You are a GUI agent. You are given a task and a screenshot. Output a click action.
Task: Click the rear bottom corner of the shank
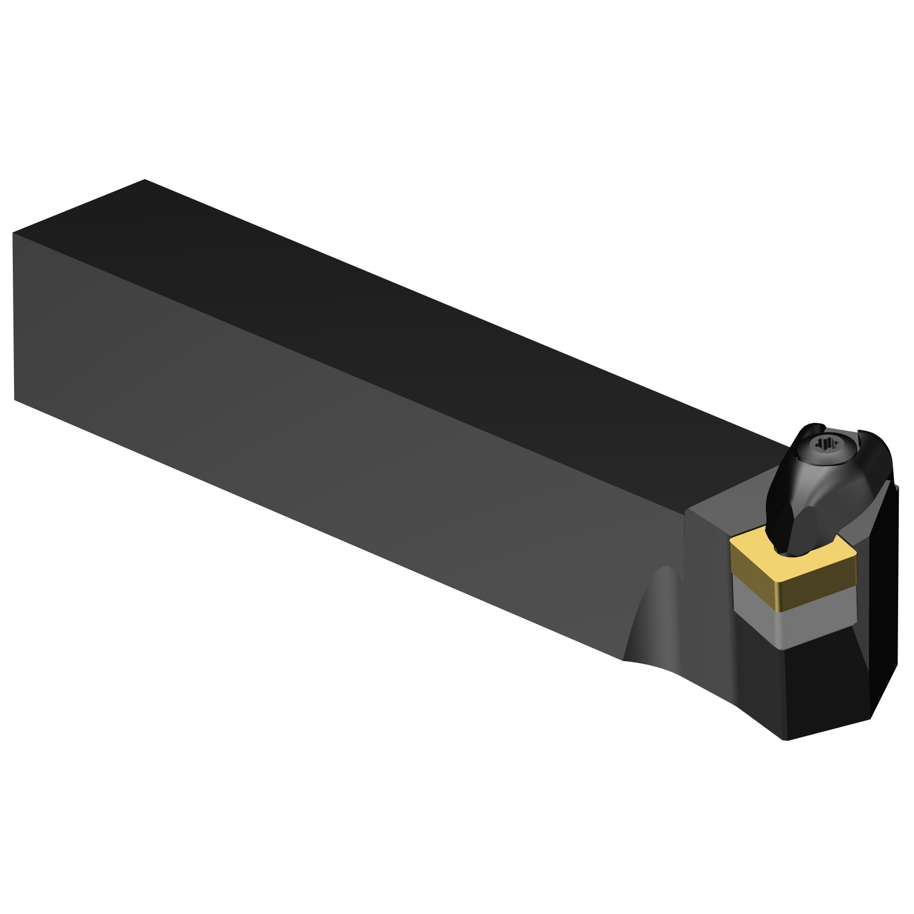pos(15,400)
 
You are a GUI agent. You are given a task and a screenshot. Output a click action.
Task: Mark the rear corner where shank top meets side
pos(13,233)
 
